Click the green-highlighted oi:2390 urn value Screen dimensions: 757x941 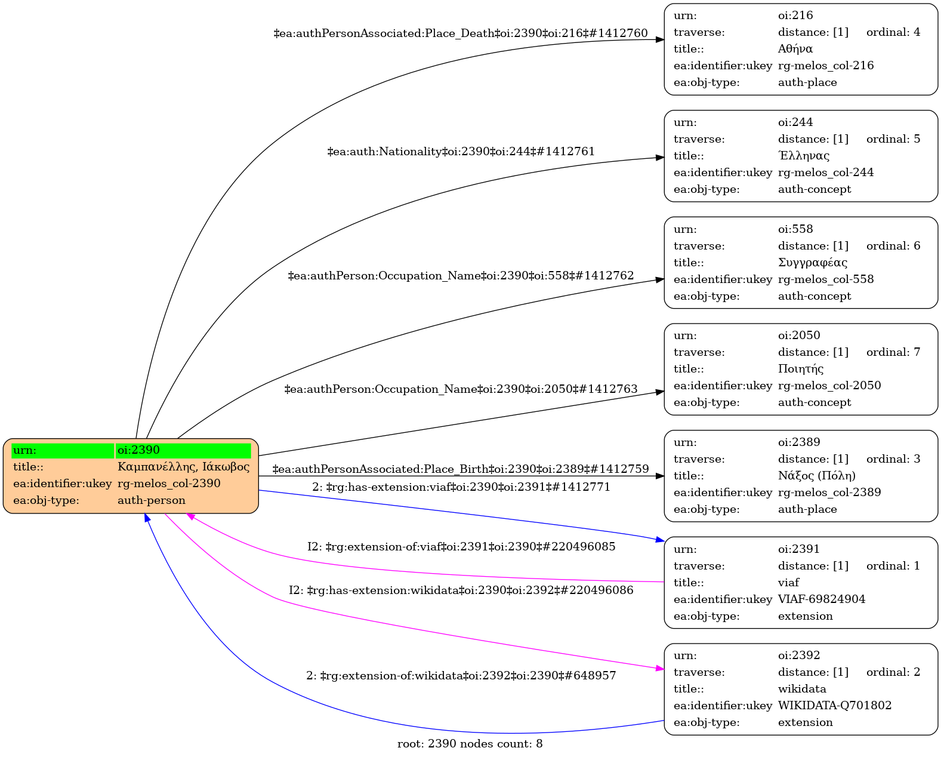click(x=138, y=450)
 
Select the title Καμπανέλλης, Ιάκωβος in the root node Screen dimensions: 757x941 click(x=183, y=467)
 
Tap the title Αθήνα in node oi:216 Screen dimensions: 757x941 click(x=795, y=49)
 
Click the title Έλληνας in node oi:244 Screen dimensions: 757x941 click(x=803, y=156)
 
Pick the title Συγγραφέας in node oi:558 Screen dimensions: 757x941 click(x=812, y=263)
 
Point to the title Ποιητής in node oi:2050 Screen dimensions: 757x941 click(x=800, y=369)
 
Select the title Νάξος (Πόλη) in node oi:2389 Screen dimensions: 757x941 click(x=816, y=476)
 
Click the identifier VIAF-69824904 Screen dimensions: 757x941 click(x=821, y=599)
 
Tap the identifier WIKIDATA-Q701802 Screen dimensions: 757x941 click(x=834, y=706)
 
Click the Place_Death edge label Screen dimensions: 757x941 click(x=460, y=33)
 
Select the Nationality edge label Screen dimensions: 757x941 click(x=461, y=152)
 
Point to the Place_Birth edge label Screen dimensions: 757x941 click(x=460, y=469)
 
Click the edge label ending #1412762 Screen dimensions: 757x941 click(x=461, y=276)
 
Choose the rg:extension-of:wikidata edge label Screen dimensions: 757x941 click(x=461, y=676)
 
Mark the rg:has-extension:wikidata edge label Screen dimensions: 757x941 click(x=461, y=590)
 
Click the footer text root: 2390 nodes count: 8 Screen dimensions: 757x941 click(x=470, y=744)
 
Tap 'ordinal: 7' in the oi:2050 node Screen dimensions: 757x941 click(x=893, y=352)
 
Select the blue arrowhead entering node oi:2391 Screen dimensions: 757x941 click(x=659, y=540)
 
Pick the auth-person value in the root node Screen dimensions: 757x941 click(x=151, y=500)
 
